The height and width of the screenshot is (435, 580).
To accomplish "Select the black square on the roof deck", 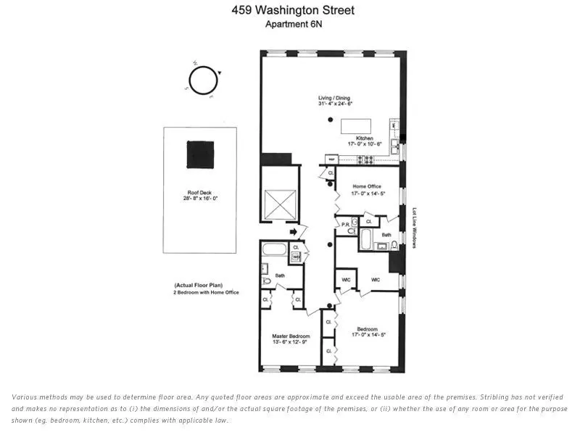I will [201, 154].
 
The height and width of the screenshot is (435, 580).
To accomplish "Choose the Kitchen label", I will [364, 138].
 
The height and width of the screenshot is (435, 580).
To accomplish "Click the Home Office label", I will [366, 186].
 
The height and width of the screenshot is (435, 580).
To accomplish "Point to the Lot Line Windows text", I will [414, 228].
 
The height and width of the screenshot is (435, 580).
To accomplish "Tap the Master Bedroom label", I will [291, 336].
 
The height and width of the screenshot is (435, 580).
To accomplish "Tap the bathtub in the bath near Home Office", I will [367, 239].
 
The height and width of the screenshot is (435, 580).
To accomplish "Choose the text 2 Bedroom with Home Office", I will [206, 292].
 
